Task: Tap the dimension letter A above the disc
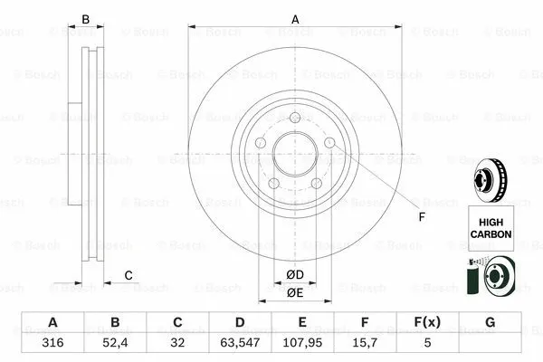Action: coord(294,19)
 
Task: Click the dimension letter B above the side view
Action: coord(87,19)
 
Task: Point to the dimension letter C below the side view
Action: coord(129,274)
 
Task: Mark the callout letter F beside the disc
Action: coord(420,216)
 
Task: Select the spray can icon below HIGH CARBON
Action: coord(472,276)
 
